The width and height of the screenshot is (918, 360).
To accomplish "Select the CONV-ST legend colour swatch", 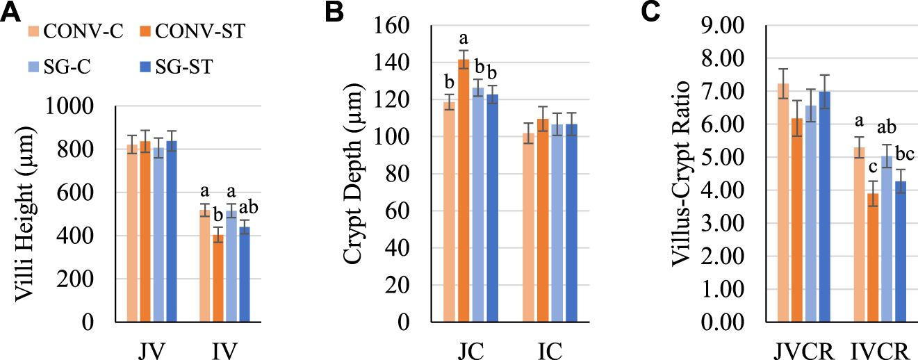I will point(138,31).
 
